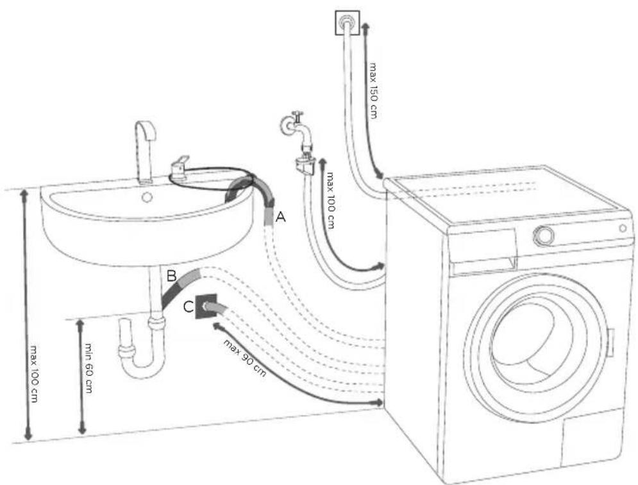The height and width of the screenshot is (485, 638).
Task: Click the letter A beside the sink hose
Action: coord(281,217)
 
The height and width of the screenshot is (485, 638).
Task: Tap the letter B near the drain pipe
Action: coord(171,276)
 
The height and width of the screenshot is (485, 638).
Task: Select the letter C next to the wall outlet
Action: coord(188,307)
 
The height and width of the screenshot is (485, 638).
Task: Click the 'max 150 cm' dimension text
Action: coord(373,90)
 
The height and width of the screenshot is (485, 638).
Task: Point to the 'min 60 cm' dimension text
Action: coord(88,368)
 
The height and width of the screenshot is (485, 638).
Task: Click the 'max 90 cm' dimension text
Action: coord(244,357)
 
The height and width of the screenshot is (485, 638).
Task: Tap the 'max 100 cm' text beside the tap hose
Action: coord(330,200)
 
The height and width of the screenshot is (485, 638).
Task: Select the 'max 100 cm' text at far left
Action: coord(33,374)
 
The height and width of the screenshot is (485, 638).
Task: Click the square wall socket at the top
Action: coord(348,22)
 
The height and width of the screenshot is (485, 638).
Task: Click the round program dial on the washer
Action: coord(544,235)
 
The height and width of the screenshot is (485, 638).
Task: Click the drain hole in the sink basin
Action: coord(147,198)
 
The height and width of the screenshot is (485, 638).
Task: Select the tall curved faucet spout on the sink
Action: coord(146,151)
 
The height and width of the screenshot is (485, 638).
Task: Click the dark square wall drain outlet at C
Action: coord(206,306)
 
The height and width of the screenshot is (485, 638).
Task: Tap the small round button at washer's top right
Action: coord(623,228)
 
